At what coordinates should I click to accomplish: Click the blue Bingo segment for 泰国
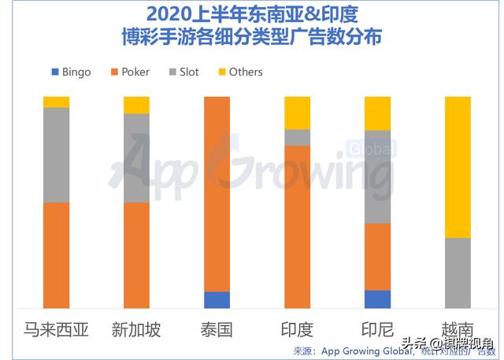[217, 299]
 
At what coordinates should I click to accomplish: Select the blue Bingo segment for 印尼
[378, 299]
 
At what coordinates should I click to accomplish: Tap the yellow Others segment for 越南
[458, 167]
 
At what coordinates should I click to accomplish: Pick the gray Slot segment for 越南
[458, 273]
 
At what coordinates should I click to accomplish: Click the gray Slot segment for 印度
[297, 137]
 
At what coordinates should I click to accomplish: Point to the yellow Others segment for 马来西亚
[56, 102]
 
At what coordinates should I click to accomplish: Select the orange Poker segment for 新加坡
[136, 254]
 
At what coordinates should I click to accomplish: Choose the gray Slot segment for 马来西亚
[56, 154]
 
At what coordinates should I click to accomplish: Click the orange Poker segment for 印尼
[378, 257]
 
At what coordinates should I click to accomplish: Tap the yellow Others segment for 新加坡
[136, 105]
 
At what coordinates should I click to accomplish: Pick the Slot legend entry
[183, 72]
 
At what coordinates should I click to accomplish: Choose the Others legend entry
[240, 72]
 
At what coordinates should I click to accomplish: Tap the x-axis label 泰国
[217, 329]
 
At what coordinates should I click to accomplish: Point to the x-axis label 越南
[458, 329]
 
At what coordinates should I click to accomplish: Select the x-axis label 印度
[297, 329]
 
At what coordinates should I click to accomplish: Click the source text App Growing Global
[358, 351]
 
